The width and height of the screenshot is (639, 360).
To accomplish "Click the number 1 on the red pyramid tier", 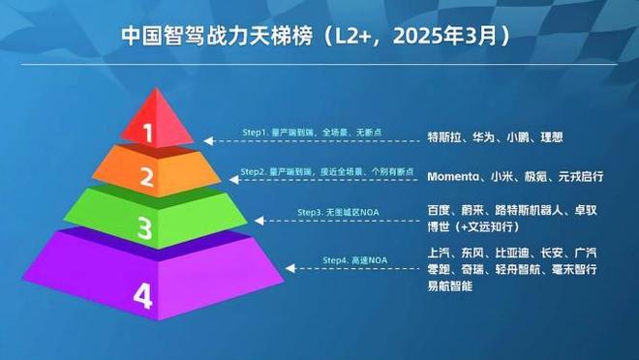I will pyautogui.click(x=148, y=133).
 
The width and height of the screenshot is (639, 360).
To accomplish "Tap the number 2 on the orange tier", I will pyautogui.click(x=146, y=176).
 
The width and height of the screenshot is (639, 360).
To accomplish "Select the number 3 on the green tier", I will pyautogui.click(x=143, y=228).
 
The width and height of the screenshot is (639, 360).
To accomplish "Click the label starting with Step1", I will pyautogui.click(x=305, y=132).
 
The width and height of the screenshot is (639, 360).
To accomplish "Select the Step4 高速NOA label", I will pyautogui.click(x=354, y=261).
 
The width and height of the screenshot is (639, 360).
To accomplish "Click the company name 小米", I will pyautogui.click(x=502, y=177).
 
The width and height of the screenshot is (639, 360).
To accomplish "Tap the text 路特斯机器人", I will pyautogui.click(x=529, y=210).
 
